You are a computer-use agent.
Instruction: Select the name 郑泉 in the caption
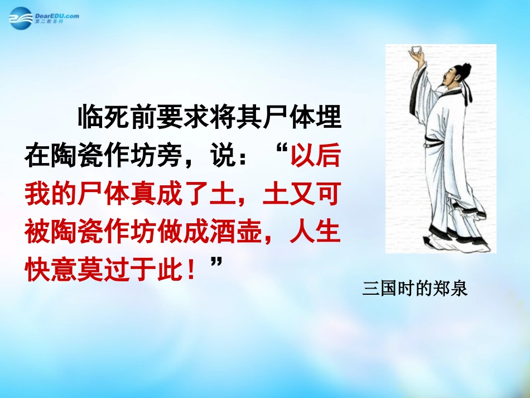pyautogui.click(x=455, y=289)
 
